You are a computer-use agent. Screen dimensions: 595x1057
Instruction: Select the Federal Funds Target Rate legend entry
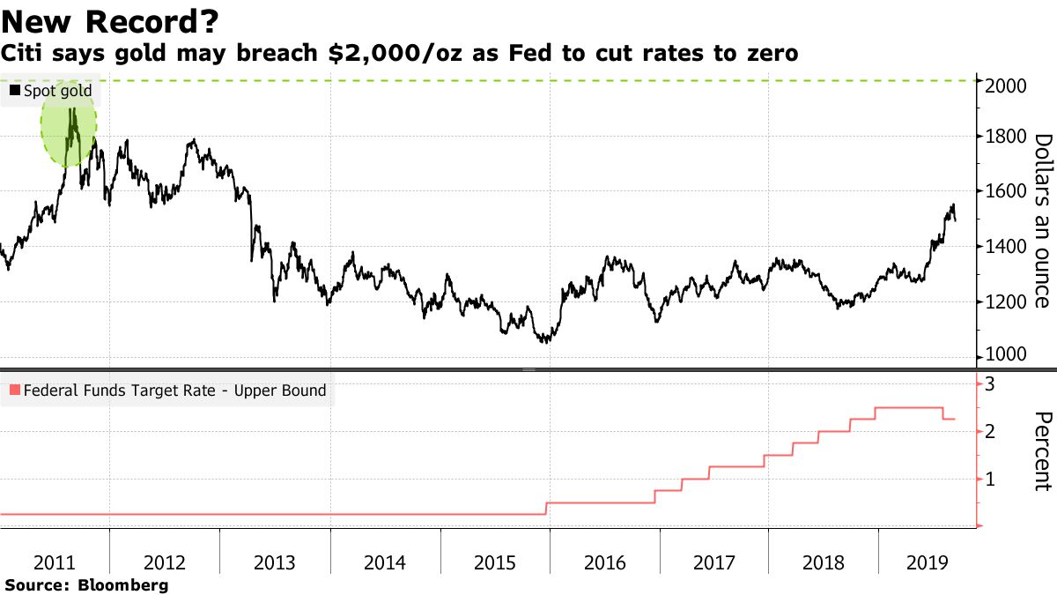167,390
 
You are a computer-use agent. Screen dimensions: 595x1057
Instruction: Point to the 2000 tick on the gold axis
1003,86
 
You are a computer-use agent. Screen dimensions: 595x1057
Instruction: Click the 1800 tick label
1003,137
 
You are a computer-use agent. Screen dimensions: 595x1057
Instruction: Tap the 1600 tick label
1003,191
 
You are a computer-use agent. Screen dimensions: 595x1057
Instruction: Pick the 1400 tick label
1003,247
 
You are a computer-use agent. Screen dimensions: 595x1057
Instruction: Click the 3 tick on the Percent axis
990,384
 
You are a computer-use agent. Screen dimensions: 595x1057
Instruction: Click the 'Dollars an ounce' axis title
1042,220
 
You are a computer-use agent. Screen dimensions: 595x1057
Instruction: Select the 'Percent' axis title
1042,450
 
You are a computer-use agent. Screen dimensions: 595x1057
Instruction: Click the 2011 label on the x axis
55,563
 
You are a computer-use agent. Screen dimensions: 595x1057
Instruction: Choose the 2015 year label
494,563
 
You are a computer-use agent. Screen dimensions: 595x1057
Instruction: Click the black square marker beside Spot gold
14,90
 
